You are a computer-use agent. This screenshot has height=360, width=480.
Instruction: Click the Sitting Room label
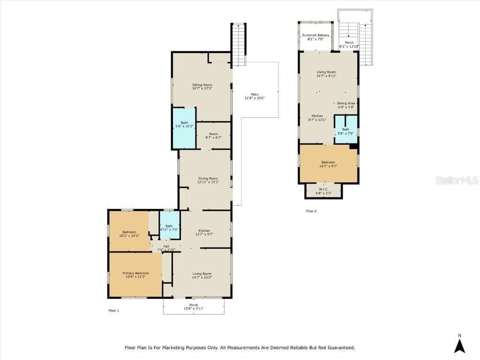click(x=202, y=85)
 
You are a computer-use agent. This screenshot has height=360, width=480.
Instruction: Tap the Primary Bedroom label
click(x=135, y=273)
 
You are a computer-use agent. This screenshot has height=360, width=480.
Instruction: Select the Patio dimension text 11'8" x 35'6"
click(x=255, y=98)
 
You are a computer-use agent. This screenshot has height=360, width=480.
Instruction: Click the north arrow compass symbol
click(x=460, y=345)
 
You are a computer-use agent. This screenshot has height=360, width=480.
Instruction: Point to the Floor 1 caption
click(x=114, y=310)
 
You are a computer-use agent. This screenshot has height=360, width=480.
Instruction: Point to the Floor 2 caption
click(x=311, y=211)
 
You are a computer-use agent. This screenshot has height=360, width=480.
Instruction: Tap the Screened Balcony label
click(x=315, y=35)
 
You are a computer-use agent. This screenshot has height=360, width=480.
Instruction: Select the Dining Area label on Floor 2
click(x=346, y=103)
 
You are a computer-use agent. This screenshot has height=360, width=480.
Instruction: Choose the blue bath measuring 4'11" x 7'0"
click(x=169, y=226)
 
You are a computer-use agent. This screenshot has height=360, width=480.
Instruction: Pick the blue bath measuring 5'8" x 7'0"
click(x=345, y=129)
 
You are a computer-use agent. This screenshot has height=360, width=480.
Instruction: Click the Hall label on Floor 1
click(x=166, y=246)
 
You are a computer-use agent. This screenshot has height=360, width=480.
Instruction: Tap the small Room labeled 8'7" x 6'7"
click(x=213, y=134)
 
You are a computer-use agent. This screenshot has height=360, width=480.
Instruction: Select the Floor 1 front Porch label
click(x=194, y=305)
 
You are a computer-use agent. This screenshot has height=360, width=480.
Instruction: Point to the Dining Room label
click(x=208, y=179)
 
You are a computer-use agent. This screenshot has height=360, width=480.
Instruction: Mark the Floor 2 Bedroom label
click(x=328, y=162)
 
